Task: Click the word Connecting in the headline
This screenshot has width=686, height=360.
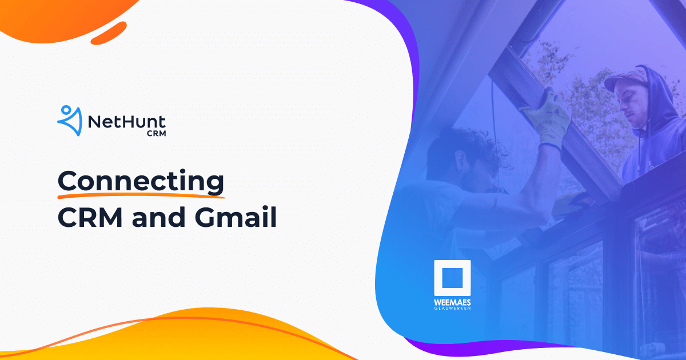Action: [141, 182]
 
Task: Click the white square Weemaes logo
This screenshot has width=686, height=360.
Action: [452, 278]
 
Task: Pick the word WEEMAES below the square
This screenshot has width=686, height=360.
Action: [452, 302]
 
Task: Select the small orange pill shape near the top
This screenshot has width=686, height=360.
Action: [109, 33]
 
